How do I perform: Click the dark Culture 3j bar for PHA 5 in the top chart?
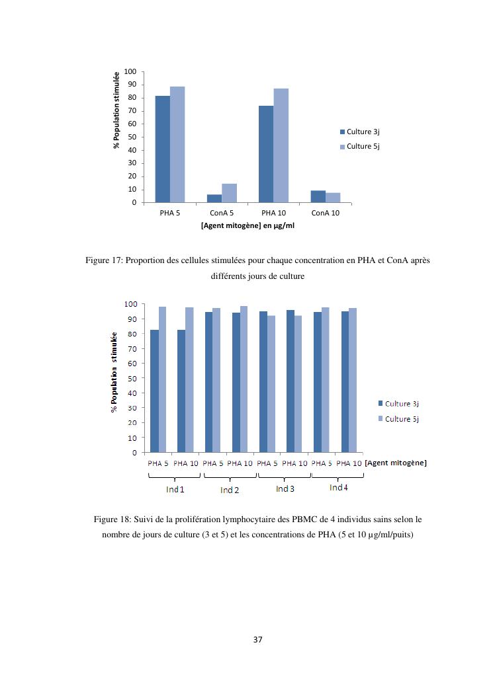click(162, 149)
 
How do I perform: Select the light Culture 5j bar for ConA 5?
click(229, 193)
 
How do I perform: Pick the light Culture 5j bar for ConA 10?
click(333, 198)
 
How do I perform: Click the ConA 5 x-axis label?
click(222, 213)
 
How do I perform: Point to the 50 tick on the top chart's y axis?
click(131, 137)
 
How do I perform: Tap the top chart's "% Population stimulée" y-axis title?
click(116, 110)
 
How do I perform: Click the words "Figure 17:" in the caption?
click(105, 260)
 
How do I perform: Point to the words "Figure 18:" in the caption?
click(113, 520)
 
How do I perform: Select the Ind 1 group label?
click(175, 490)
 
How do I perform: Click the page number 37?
click(258, 640)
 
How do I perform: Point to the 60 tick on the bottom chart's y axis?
click(132, 364)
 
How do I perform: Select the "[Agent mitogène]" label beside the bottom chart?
click(396, 463)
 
